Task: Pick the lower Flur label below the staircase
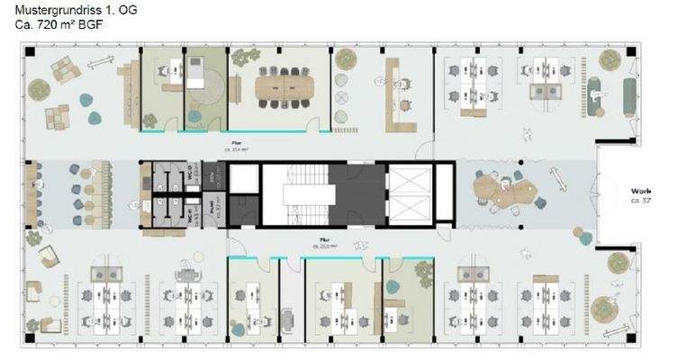click(321, 241)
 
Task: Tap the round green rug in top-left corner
click(39, 89)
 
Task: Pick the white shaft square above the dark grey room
click(242, 179)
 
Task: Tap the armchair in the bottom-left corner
click(34, 292)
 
